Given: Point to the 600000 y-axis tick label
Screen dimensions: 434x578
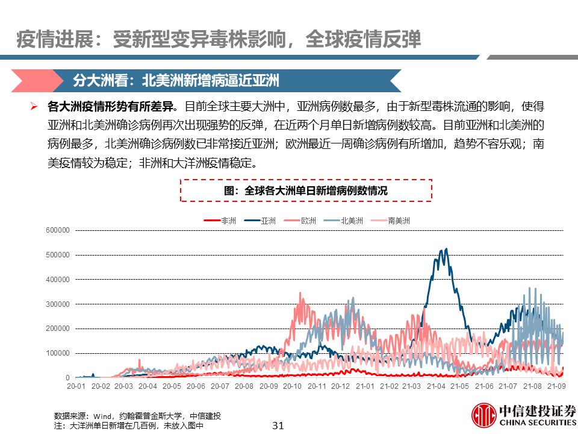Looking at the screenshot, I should [58, 230].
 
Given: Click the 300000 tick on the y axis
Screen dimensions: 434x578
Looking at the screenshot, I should [58, 304].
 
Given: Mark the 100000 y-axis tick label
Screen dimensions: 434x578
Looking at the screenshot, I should [58, 353].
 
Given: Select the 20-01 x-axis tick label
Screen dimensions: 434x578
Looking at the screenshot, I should [76, 386].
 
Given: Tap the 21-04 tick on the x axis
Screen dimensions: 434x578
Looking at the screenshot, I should [437, 386].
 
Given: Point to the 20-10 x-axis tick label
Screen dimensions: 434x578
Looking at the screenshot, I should [292, 386].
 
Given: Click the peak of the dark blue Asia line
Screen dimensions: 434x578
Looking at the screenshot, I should [446, 249].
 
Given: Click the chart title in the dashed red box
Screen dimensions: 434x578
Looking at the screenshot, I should [306, 190].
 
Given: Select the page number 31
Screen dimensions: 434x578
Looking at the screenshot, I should [278, 425].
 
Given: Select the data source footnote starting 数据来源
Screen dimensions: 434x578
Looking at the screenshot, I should [137, 416].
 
